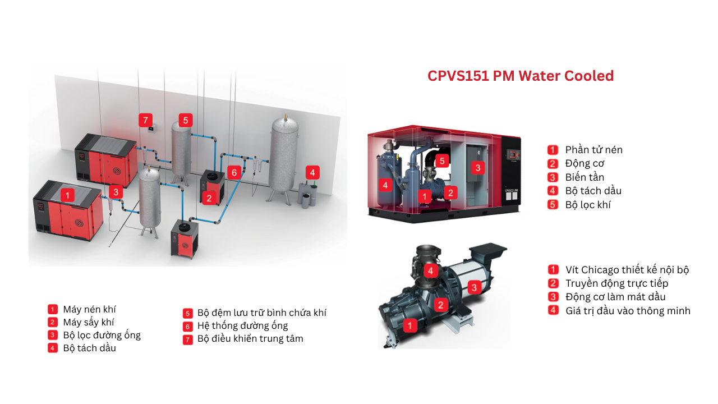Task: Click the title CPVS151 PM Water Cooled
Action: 521,76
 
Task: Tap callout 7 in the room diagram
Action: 145,120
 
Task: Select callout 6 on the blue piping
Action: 234,172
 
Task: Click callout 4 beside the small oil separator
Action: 312,172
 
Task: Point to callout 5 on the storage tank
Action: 186,120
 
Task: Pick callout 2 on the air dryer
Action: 209,198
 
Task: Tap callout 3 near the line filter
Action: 116,192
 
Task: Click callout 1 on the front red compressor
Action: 67,195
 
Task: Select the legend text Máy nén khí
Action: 90,309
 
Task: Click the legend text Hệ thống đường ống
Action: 242,325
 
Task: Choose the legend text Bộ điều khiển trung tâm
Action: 250,338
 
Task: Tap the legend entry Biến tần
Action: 584,177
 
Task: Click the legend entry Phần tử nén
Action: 593,150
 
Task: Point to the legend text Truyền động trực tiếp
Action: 616,283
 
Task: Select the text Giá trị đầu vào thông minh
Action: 628,310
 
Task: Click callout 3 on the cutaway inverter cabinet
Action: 477,167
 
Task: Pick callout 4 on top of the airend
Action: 430,271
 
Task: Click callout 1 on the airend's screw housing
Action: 410,325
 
